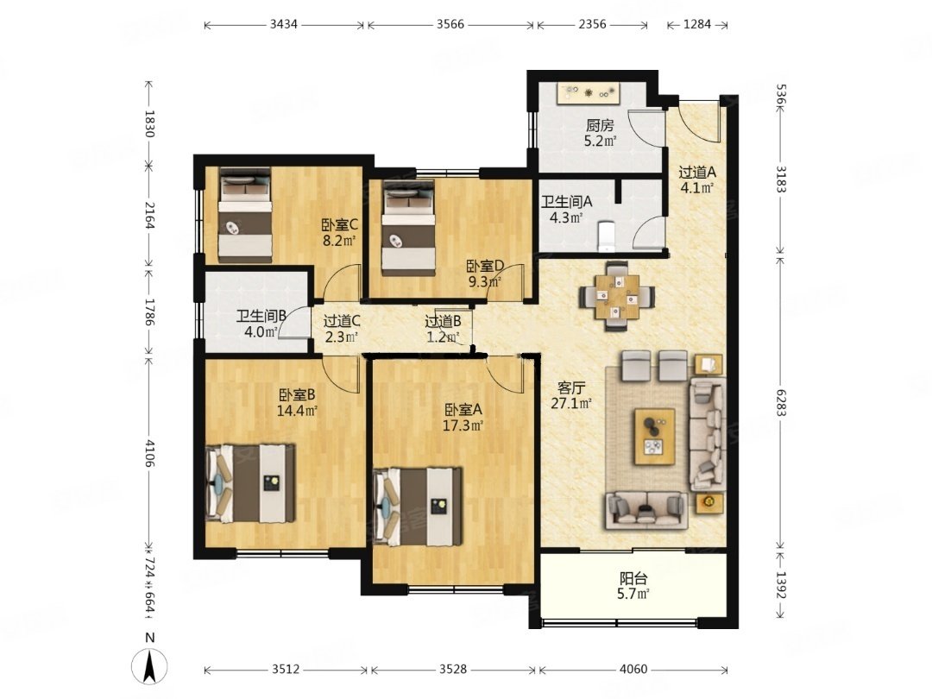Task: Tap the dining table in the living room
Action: tap(618, 295)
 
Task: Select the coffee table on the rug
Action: tap(654, 437)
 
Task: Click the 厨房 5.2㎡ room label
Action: tap(600, 133)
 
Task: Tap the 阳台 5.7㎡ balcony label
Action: tap(633, 585)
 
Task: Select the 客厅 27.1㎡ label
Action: tap(571, 395)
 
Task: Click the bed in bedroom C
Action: tap(245, 215)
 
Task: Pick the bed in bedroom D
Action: tap(407, 228)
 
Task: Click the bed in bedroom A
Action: tap(418, 507)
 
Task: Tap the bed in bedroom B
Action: tap(250, 483)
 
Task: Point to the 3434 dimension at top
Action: tap(284, 24)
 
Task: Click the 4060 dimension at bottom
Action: tap(633, 670)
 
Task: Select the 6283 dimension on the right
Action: tap(781, 402)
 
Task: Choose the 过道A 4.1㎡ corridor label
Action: tap(697, 180)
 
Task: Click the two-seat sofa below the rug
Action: tap(646, 510)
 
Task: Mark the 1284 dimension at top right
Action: tap(697, 24)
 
